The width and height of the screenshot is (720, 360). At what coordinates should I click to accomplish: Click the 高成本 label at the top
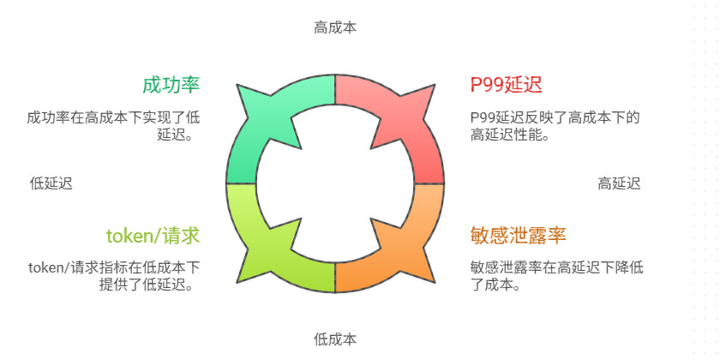[x=335, y=27]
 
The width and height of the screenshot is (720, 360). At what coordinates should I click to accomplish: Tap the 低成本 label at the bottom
[x=335, y=339]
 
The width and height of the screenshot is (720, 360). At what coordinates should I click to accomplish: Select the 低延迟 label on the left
[x=51, y=183]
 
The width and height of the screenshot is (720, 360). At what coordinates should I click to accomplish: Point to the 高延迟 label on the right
[x=619, y=183]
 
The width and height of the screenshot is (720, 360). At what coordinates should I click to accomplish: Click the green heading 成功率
[x=171, y=85]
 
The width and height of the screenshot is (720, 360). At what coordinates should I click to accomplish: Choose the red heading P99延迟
[x=506, y=85]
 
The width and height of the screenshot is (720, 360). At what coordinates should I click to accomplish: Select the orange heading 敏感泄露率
[x=518, y=236]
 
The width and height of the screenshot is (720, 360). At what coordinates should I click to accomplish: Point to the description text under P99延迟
[x=555, y=125]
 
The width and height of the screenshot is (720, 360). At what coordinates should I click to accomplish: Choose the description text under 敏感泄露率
[x=556, y=275]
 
